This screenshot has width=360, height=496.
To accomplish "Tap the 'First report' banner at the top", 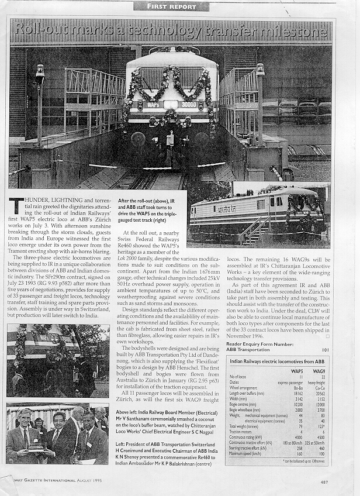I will coord(171,6).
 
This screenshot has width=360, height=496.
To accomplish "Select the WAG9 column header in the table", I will coord(319,371).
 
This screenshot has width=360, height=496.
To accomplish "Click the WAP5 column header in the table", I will coord(296,371).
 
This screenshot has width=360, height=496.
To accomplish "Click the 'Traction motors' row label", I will coord(245,431).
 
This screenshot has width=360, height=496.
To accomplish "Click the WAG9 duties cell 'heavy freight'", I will coord(316,382).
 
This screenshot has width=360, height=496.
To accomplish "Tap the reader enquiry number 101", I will coord(326,350).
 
